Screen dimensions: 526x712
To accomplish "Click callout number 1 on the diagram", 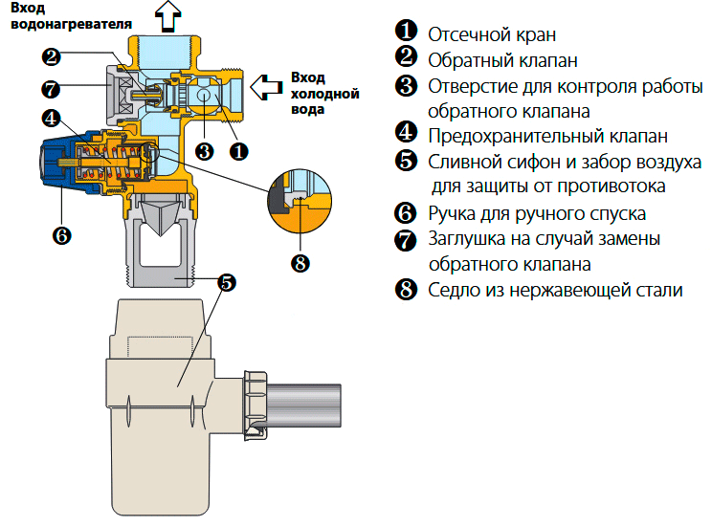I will coord(239,150).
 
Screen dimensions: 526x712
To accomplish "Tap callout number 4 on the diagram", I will coord(52,119).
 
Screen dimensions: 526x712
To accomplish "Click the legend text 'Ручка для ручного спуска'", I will coord(537,213).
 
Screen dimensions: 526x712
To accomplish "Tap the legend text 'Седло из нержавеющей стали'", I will coord(555,290).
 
